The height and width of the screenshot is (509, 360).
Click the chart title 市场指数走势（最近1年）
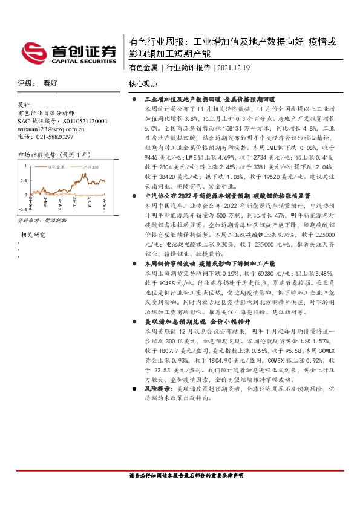pos(54,155)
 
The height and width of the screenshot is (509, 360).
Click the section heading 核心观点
pos(143,85)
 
